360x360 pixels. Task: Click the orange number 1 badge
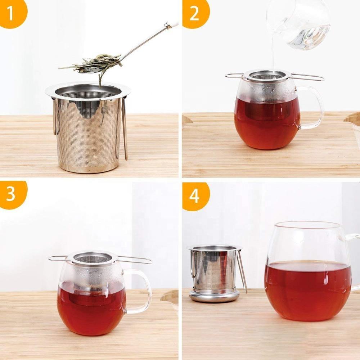12,13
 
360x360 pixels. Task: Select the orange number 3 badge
12,194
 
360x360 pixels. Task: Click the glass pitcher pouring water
298,24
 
